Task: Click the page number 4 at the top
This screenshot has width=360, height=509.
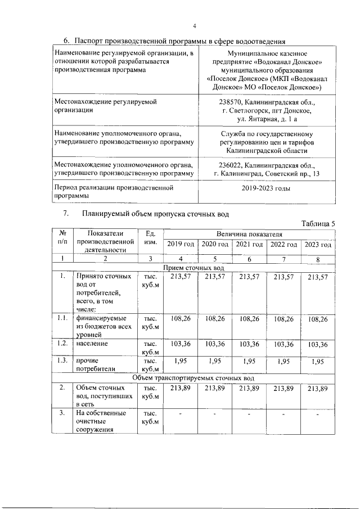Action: coord(195,26)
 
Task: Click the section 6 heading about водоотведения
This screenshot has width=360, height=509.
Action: coord(174,41)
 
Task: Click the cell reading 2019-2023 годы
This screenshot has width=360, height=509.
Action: coord(266,190)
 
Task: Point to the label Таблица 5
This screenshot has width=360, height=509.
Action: coord(318,223)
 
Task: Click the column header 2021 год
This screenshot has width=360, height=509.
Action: coord(249,244)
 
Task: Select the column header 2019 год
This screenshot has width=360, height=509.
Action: coord(181,244)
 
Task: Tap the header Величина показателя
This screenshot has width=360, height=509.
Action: coord(249,233)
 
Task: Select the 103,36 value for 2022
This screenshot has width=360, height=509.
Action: coord(283,344)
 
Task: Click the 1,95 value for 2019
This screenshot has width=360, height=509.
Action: coord(181,362)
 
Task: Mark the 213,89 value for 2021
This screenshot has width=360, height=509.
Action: coord(249,389)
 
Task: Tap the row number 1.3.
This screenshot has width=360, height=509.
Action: coord(63,361)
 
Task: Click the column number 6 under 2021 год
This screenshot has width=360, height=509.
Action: coord(249,259)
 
